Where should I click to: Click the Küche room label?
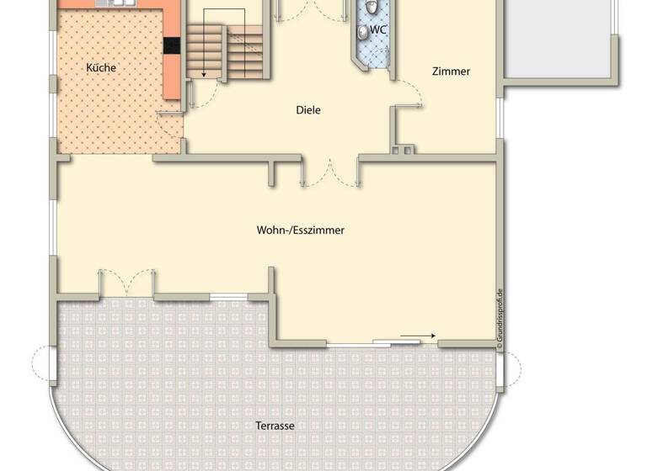[101, 67]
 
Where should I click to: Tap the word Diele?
[308, 110]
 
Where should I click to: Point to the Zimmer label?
[451, 71]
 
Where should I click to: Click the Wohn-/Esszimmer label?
[301, 230]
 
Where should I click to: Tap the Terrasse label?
[275, 426]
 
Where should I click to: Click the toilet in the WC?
[363, 32]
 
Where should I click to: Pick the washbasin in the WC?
[372, 9]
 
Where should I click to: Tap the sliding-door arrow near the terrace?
[418, 336]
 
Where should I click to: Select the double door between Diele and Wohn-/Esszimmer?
[330, 172]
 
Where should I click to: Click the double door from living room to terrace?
[126, 284]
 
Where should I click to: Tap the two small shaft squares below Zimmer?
[403, 151]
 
